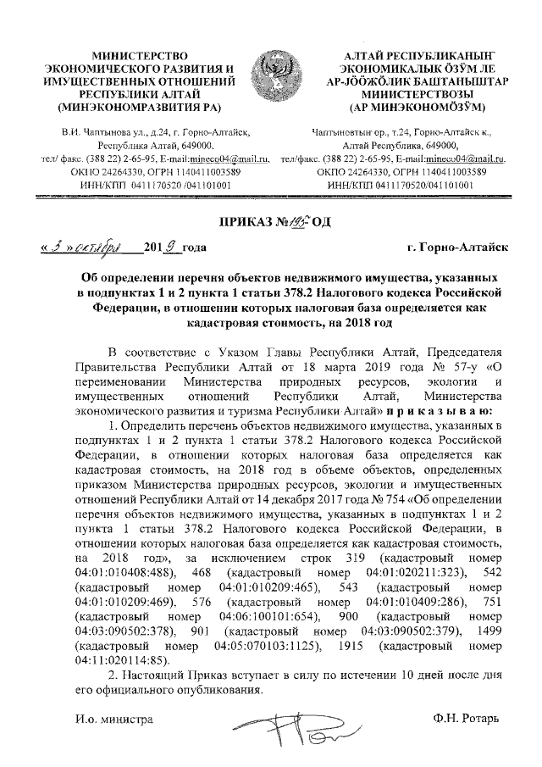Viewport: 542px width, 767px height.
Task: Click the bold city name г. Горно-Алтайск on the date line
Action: click(456, 247)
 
